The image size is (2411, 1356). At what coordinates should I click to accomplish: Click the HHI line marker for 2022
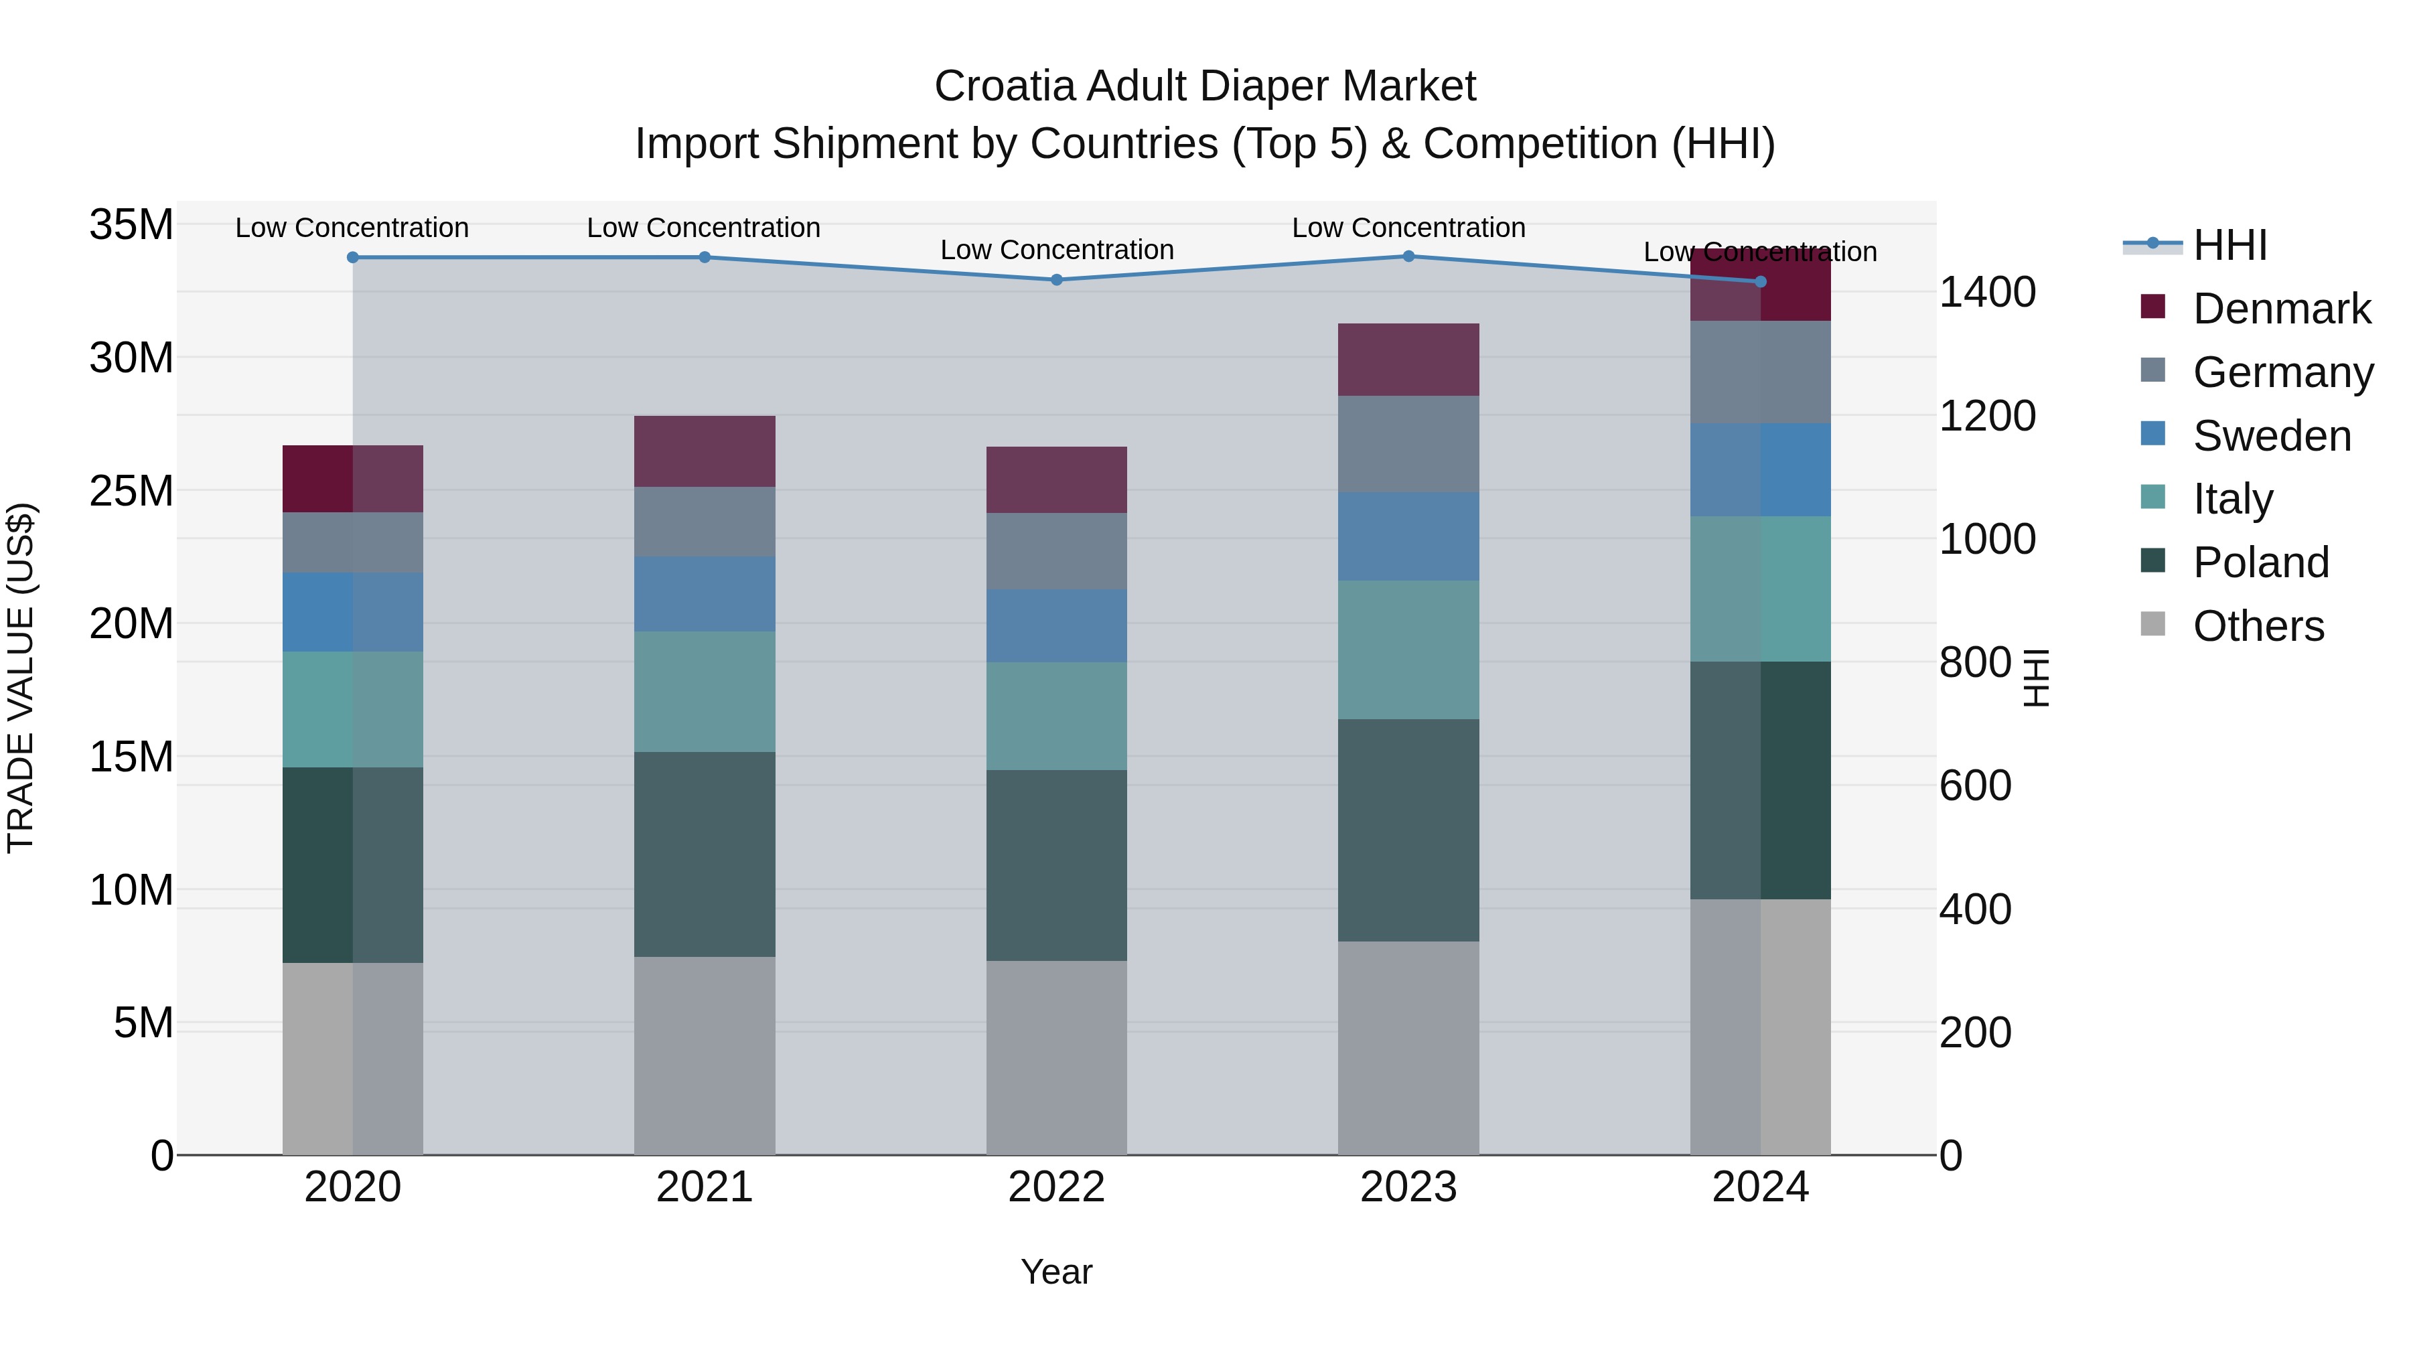click(x=1057, y=280)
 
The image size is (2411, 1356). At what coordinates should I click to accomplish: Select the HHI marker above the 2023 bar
click(x=1408, y=256)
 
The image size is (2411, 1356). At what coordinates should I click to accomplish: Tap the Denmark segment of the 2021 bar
click(x=705, y=451)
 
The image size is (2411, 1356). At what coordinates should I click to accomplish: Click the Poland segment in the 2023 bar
click(x=1408, y=830)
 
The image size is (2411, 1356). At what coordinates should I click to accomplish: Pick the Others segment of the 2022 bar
click(x=1057, y=1057)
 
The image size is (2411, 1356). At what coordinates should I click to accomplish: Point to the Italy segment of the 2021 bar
click(x=705, y=692)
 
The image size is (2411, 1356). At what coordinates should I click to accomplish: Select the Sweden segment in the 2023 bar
click(x=1408, y=536)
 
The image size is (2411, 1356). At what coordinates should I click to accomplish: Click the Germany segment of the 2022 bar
click(x=1057, y=550)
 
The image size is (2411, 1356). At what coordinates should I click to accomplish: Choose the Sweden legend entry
click(x=2272, y=436)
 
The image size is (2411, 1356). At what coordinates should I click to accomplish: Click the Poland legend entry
click(x=2260, y=562)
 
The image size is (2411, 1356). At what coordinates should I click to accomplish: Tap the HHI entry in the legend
click(x=2230, y=245)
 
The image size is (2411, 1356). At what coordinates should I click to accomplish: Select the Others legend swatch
click(x=2152, y=624)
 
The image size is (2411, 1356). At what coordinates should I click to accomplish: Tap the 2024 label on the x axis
click(x=1759, y=1187)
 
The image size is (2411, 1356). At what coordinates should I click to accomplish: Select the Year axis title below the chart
click(x=1057, y=1272)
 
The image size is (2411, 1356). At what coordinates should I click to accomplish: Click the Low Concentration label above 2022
click(x=1057, y=250)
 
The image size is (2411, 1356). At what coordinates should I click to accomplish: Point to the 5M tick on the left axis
click(x=143, y=1023)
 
